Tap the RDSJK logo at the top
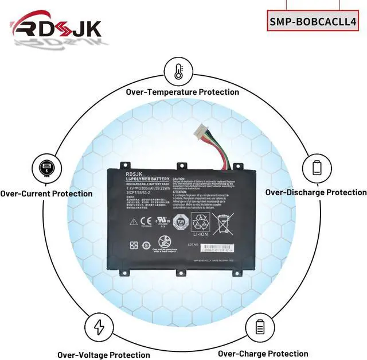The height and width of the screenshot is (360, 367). (56, 29)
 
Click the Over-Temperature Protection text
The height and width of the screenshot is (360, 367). (182, 92)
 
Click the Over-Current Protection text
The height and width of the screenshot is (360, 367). (46, 193)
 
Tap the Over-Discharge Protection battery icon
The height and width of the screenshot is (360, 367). (317, 168)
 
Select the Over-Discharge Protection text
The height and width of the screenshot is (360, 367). (315, 192)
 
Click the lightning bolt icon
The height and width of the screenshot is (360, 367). (100, 327)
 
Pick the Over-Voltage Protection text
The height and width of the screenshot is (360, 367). (103, 355)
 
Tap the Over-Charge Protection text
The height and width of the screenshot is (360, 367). (263, 354)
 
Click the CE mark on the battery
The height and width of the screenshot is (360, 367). (145, 220)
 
